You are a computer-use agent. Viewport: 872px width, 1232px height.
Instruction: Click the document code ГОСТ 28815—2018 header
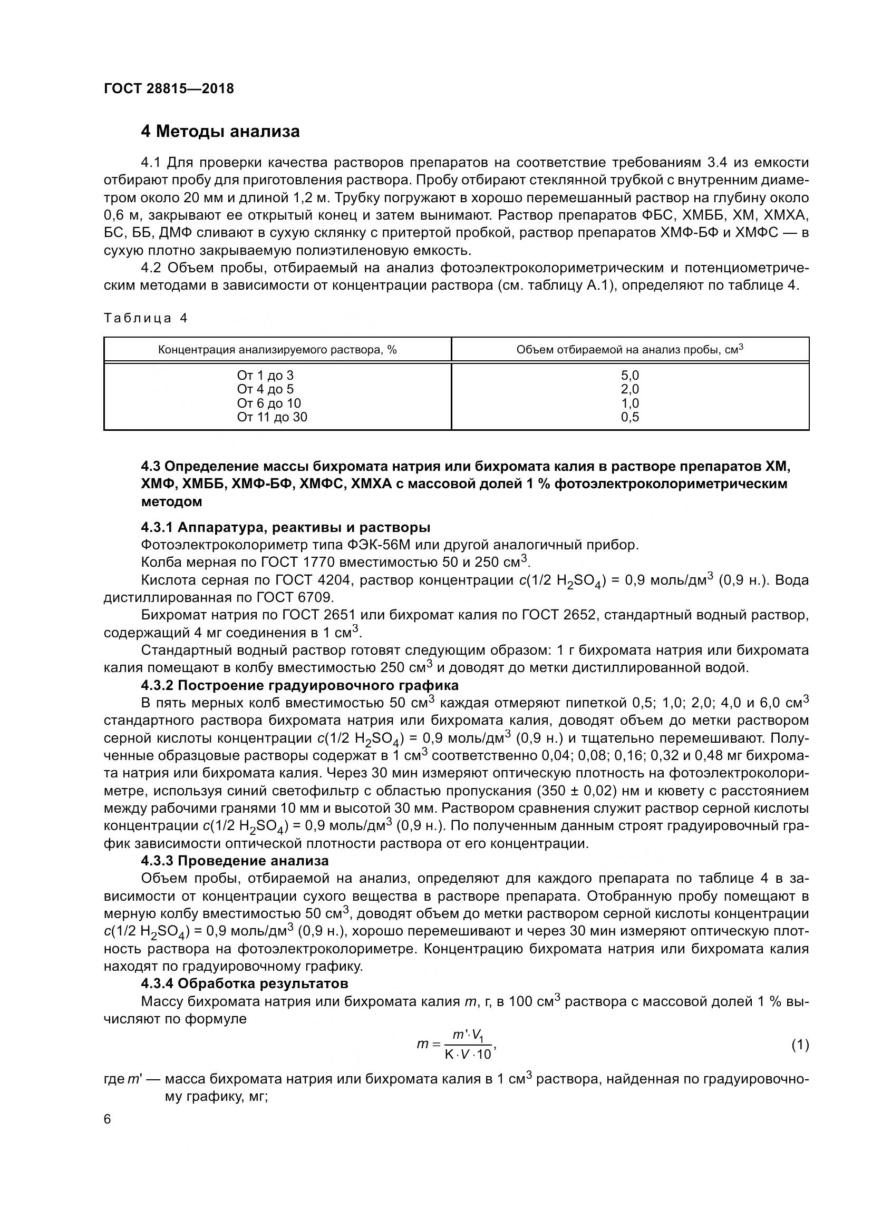[169, 89]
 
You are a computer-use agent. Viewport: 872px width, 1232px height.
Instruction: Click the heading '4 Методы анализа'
[220, 132]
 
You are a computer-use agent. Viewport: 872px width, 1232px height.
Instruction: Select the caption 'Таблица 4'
[146, 318]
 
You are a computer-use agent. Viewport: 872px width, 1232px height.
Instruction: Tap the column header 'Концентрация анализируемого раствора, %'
[277, 350]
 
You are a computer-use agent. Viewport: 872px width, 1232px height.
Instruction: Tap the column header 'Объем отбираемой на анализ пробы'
[629, 350]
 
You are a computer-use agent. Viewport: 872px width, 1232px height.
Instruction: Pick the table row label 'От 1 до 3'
[265, 376]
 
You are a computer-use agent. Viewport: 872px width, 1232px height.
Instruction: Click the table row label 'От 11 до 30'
[272, 417]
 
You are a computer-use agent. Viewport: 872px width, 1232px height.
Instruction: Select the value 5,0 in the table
[630, 376]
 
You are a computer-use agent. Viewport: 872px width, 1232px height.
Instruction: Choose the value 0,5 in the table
[630, 417]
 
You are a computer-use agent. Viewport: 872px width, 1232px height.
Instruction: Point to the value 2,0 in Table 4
[630, 390]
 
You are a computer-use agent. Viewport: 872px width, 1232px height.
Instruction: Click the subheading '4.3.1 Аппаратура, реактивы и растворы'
[285, 527]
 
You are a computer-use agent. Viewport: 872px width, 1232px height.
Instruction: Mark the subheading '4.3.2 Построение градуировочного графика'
[299, 686]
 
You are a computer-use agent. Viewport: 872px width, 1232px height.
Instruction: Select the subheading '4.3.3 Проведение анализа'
[235, 861]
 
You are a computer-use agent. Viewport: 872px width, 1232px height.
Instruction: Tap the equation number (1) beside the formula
[800, 1044]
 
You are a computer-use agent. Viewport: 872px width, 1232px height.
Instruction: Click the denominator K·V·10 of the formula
[468, 1054]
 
